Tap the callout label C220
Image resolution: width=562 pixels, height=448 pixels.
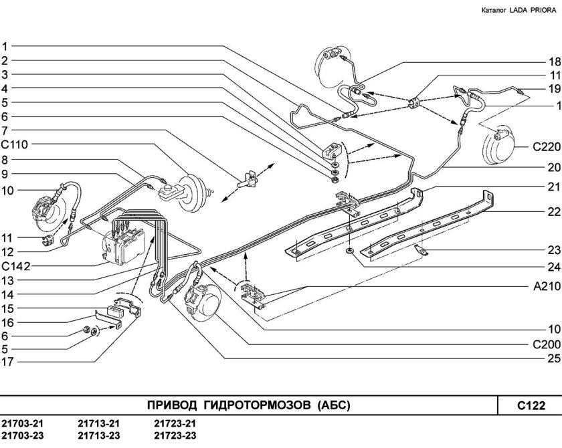tap(544, 148)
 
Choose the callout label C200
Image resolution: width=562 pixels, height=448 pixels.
tap(544, 346)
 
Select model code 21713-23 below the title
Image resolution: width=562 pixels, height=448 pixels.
tap(99, 437)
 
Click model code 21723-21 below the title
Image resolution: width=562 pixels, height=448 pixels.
tap(175, 424)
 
